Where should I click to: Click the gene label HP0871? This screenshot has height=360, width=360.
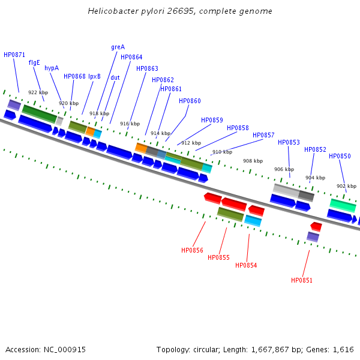click(x=14, y=55)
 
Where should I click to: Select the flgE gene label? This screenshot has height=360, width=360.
click(x=34, y=62)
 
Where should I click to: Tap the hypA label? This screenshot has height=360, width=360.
click(x=52, y=68)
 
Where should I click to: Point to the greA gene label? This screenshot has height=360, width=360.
click(x=118, y=47)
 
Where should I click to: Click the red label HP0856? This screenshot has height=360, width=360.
click(x=192, y=250)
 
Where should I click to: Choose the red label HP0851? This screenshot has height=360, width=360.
click(x=302, y=280)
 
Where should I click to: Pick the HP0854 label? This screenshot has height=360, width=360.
click(x=246, y=265)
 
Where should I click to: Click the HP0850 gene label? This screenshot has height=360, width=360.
click(x=340, y=157)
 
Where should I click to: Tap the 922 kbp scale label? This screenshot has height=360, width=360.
click(x=38, y=92)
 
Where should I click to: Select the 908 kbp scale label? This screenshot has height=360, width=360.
click(x=253, y=161)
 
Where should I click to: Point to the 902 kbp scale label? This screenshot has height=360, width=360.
click(x=346, y=186)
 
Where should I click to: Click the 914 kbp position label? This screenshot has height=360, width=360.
click(x=160, y=133)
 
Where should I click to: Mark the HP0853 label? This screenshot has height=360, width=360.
click(x=289, y=142)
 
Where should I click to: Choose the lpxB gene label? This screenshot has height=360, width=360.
click(x=95, y=76)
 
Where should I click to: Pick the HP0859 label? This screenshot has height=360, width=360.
click(x=212, y=120)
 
